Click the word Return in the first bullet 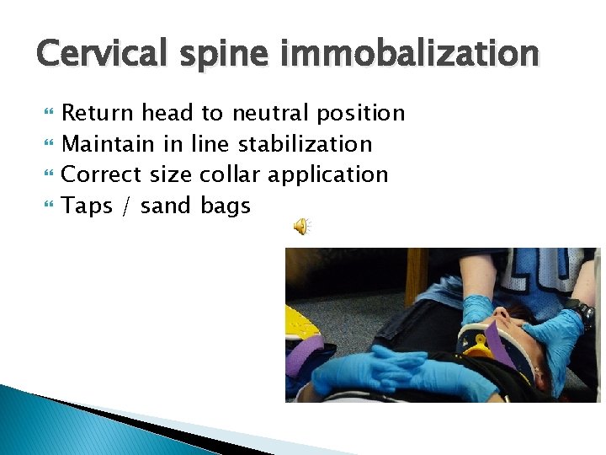[x=98, y=113]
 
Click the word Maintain [x=108, y=144]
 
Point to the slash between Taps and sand [x=126, y=206]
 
